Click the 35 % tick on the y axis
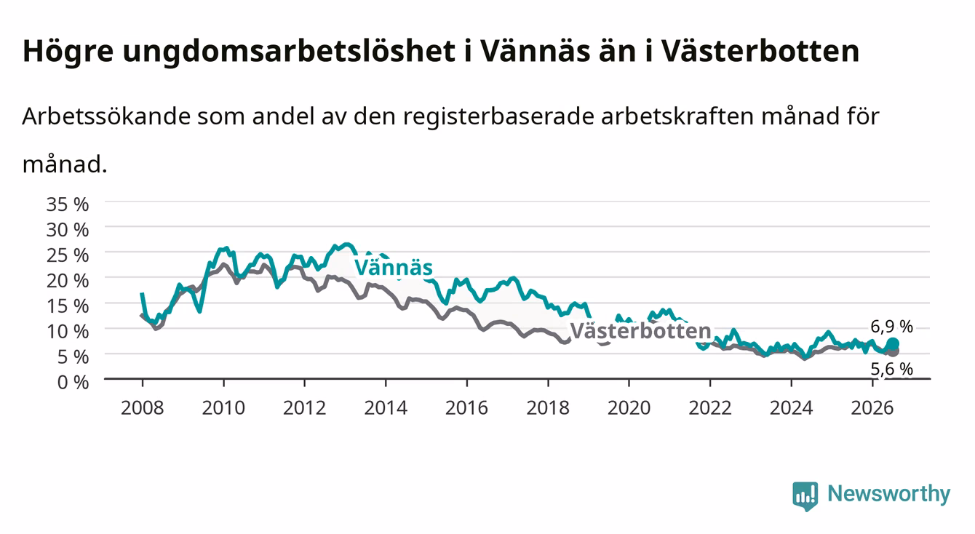pos(68,204)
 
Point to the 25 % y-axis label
pos(68,255)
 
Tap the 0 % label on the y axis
pos(73,382)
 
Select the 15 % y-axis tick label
pos(68,306)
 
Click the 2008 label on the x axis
pos(143,408)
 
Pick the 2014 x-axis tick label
pos(386,408)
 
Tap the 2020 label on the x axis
pos(629,408)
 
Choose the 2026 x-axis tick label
pos(872,408)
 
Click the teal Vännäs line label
pos(394,267)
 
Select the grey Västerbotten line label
pos(640,331)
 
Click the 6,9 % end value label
pos(891,327)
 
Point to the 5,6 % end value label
pos(891,369)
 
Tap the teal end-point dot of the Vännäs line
pos(893,344)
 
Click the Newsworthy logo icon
pos(805,496)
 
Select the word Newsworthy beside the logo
pos(889,493)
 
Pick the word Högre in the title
pos(68,52)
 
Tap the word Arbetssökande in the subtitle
pos(106,116)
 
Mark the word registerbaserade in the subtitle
pos(499,117)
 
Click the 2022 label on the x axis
pos(710,408)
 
